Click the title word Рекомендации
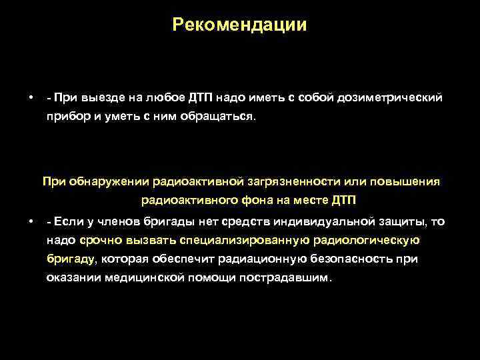pos(239,25)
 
